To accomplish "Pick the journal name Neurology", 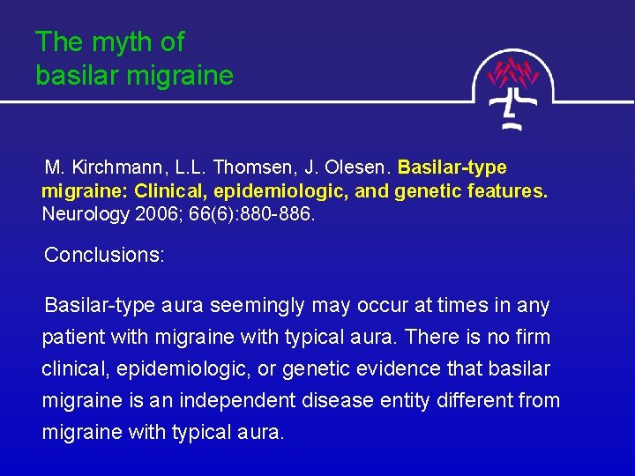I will tap(85, 213).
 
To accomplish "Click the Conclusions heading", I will tap(104, 256).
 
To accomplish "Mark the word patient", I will tap(73, 338).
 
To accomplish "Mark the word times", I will tap(468, 306).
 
